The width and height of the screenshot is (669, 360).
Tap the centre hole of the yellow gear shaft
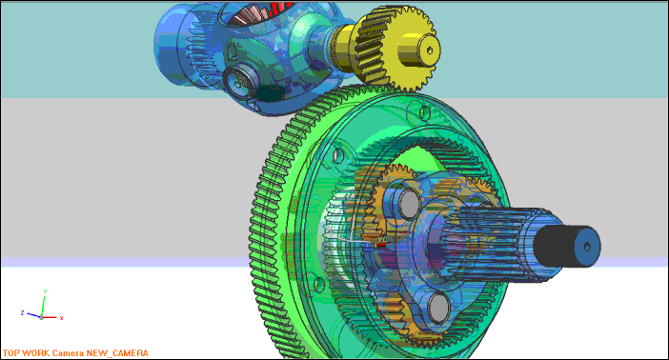429,50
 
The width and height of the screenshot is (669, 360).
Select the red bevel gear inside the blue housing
259,12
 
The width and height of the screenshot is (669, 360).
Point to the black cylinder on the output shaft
555,247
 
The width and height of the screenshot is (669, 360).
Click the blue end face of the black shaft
587,248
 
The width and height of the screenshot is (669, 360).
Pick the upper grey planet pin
409,204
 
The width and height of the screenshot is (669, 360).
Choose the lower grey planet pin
438,307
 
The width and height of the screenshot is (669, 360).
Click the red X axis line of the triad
50,317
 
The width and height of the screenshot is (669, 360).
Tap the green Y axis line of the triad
43,306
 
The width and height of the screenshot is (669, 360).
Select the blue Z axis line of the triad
33,315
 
